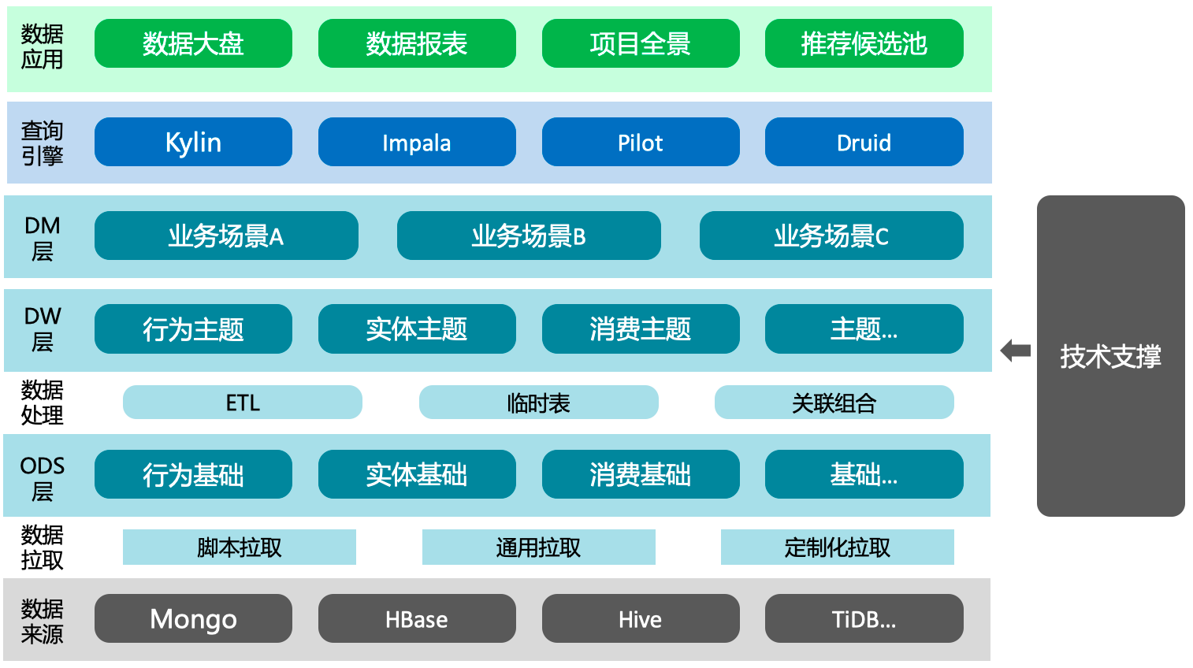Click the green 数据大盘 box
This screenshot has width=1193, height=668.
coord(193,43)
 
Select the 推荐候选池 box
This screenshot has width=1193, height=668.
coord(864,43)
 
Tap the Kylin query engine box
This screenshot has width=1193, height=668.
coord(193,142)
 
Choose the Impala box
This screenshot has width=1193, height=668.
coord(417,142)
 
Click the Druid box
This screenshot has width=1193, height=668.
coord(864,142)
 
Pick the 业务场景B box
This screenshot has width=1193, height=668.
coord(529,236)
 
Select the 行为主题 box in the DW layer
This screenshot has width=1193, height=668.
coord(193,329)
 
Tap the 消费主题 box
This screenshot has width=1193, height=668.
coord(641,329)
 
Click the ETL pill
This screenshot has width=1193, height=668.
coord(243,403)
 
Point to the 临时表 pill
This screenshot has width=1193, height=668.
coord(539,403)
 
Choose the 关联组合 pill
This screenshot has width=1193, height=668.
coord(834,403)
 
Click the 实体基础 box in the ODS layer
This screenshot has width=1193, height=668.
coord(417,474)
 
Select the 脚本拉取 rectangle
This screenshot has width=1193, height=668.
coord(240,547)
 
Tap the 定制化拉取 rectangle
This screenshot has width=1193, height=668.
coord(838,547)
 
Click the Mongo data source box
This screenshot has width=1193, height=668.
coord(193,618)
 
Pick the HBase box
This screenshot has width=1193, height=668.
coord(417,618)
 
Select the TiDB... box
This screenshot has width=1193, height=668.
coord(864,618)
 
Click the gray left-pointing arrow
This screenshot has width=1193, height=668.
coord(1016,351)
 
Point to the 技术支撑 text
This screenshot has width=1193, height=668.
coord(1110,356)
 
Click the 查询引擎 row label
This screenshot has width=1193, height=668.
coord(42,143)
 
